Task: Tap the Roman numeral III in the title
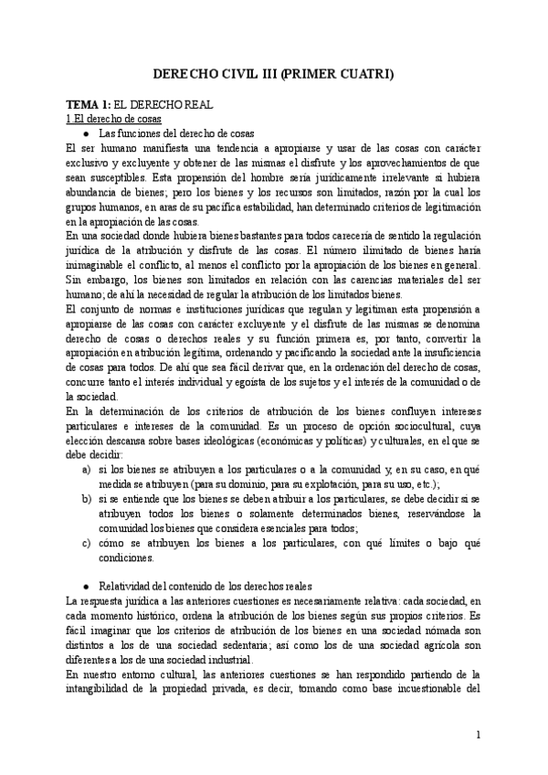coord(260,77)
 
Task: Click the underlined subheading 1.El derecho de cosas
coord(103,120)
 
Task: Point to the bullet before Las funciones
coord(86,133)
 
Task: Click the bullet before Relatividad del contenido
coord(86,586)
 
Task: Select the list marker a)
coord(87,468)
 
